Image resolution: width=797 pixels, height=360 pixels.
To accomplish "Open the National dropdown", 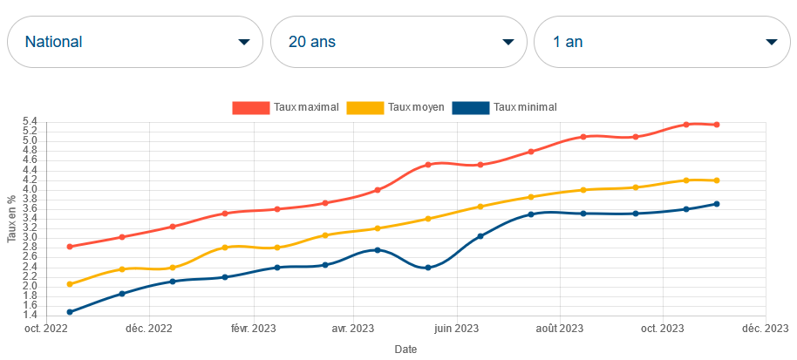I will (x=135, y=42).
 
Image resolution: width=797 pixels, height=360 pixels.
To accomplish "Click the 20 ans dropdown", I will (x=398, y=42).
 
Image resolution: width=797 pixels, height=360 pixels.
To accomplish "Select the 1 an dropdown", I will (x=662, y=42).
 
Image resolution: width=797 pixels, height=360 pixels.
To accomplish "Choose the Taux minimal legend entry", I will (x=505, y=107).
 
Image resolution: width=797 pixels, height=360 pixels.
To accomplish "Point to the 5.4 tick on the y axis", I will (x=31, y=121).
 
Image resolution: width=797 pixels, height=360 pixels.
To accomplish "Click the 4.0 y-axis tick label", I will (x=31, y=189).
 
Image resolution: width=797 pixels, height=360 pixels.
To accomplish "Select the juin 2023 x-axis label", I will (x=456, y=329).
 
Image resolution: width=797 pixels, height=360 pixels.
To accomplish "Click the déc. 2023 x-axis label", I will (x=766, y=329).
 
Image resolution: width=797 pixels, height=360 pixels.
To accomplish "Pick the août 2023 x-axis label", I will (x=559, y=329).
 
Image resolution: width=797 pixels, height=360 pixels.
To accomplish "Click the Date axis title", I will (x=405, y=349).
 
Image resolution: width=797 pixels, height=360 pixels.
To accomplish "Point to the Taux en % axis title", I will (x=11, y=219).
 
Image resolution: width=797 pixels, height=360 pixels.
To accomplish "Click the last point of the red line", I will (x=716, y=125).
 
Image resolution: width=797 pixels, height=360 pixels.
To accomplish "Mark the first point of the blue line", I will (x=70, y=311).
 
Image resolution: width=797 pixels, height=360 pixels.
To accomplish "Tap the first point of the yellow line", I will (x=70, y=284).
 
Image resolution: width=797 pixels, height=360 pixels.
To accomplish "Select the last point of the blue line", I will (x=716, y=204).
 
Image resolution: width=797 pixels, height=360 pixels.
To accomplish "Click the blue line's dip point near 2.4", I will (x=428, y=268).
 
